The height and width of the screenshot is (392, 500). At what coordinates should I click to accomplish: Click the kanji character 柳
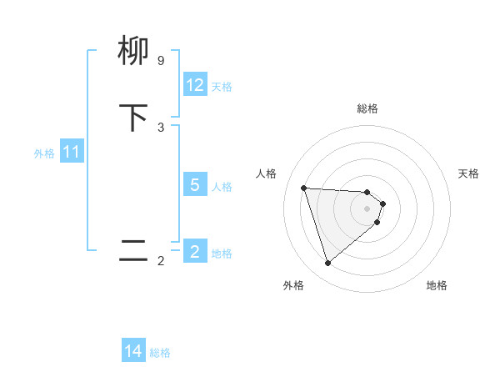pyautogui.click(x=133, y=52)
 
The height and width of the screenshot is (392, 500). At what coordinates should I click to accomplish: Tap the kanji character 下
pyautogui.click(x=133, y=118)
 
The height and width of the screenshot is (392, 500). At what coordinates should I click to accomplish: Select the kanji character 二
pyautogui.click(x=133, y=250)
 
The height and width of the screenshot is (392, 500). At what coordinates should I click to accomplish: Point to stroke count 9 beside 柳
pyautogui.click(x=161, y=61)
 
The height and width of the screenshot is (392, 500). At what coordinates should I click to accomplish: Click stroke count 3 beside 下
pyautogui.click(x=161, y=127)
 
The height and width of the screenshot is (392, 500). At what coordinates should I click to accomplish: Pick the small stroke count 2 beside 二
pyautogui.click(x=161, y=261)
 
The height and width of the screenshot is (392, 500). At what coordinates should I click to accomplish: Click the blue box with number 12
pyautogui.click(x=195, y=85)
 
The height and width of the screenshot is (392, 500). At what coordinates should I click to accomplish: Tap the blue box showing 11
pyautogui.click(x=72, y=153)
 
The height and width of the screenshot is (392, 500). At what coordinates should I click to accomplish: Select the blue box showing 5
pyautogui.click(x=195, y=185)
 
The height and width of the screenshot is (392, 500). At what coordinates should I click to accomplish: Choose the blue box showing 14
pyautogui.click(x=133, y=351)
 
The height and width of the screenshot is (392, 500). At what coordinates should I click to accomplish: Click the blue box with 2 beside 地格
pyautogui.click(x=195, y=252)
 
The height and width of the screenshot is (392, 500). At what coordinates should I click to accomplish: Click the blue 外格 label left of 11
pyautogui.click(x=44, y=153)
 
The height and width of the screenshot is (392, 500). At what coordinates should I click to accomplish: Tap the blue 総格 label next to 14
pyautogui.click(x=160, y=353)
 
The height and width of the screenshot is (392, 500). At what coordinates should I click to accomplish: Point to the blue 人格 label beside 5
pyautogui.click(x=222, y=187)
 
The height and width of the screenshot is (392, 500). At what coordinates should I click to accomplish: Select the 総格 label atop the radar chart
pyautogui.click(x=367, y=108)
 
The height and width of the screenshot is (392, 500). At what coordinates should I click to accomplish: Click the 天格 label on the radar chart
pyautogui.click(x=468, y=173)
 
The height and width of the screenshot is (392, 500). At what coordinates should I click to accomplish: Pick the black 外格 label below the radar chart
pyautogui.click(x=293, y=285)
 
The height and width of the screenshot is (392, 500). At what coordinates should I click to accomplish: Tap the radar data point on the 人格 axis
pyautogui.click(x=304, y=188)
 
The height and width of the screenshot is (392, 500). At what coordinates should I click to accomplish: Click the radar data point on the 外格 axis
pyautogui.click(x=328, y=264)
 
